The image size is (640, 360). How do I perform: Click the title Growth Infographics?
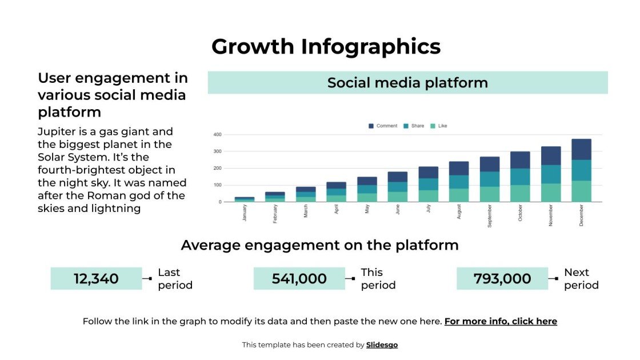coord(326,46)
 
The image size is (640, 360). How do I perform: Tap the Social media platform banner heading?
coord(407,82)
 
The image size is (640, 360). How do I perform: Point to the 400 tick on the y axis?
coord(217,135)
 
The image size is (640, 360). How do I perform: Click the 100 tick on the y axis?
coord(217,185)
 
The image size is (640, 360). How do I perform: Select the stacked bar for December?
coord(581,170)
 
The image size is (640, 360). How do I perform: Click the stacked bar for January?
coord(245,199)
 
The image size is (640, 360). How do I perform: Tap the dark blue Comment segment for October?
coord(520,160)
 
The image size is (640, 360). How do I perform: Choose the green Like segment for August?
coord(459,195)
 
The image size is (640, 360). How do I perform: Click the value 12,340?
coord(96,279)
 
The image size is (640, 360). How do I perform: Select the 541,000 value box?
coord(299,279)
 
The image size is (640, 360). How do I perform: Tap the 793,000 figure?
coord(502,279)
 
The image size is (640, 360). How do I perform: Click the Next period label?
coord(581,279)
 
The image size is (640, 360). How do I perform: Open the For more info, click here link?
coord(500,321)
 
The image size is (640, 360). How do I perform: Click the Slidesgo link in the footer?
coord(382,345)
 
